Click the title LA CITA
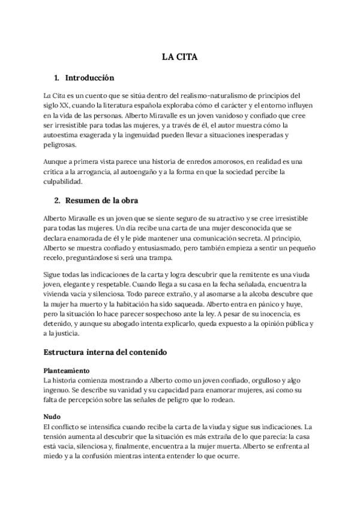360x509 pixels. (x=179, y=58)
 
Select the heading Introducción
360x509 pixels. (x=89, y=78)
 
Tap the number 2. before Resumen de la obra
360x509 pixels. (x=58, y=200)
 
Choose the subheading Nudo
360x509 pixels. (x=52, y=416)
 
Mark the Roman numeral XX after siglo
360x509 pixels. (x=66, y=105)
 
